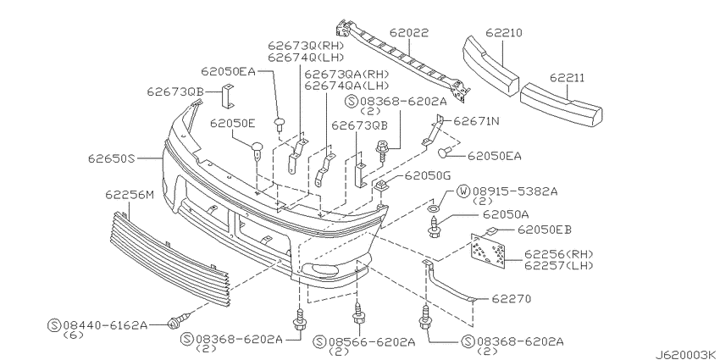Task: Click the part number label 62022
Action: tap(409, 34)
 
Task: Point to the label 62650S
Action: tap(111, 158)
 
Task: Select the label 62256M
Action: tap(130, 195)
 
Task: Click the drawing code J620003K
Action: tap(683, 352)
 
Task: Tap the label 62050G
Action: tap(428, 176)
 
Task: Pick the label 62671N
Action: tap(476, 121)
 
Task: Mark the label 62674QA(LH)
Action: tap(346, 86)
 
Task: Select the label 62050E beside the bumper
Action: tap(233, 123)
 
